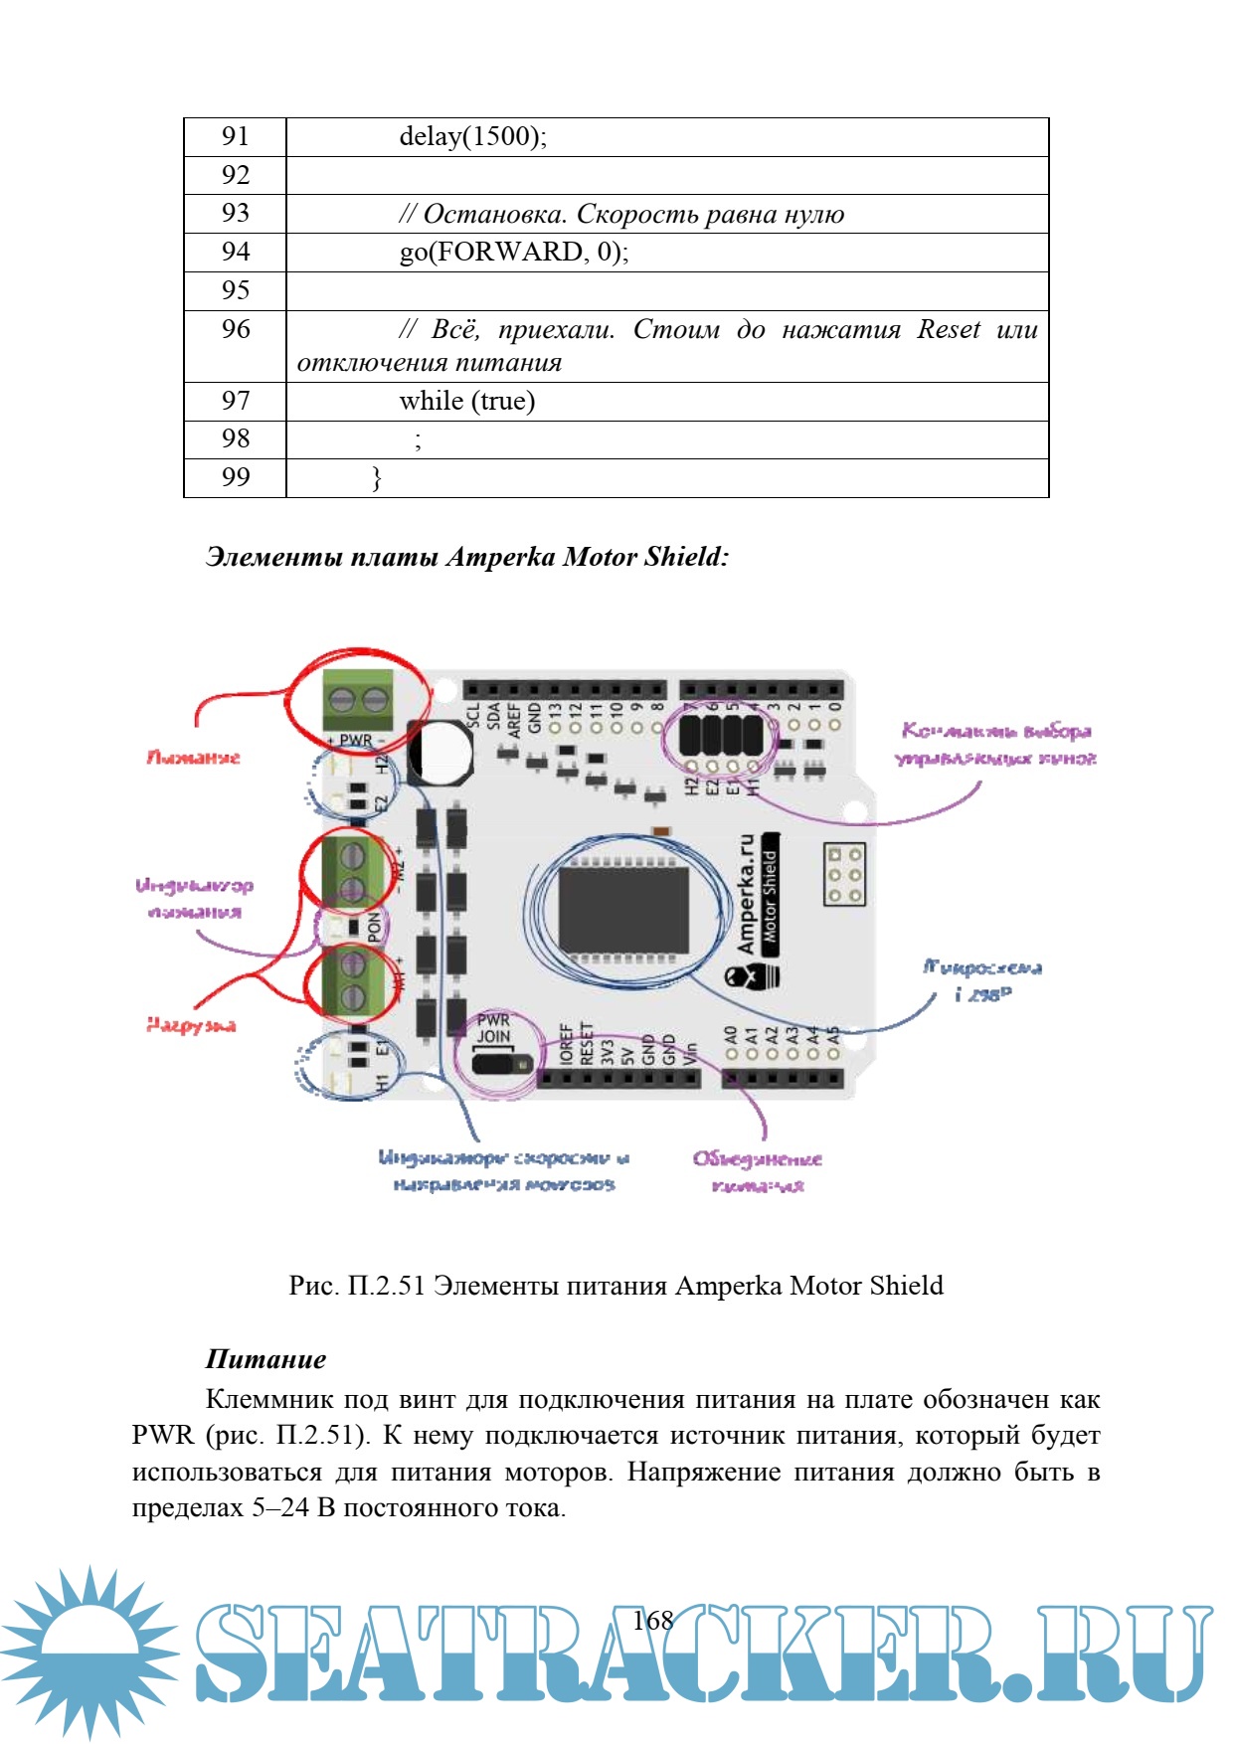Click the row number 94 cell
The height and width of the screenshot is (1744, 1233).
click(x=236, y=252)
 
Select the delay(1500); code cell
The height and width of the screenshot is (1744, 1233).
click(x=472, y=136)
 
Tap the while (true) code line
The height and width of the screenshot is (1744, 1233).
click(x=466, y=401)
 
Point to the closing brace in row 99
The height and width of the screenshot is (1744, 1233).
click(x=376, y=478)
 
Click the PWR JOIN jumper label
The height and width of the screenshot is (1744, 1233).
click(x=493, y=1028)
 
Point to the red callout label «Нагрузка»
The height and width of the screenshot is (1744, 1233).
click(x=191, y=1025)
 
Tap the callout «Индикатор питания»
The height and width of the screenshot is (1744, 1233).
click(x=195, y=898)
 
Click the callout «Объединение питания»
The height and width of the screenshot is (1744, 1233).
click(x=758, y=1171)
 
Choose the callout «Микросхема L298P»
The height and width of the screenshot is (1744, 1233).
click(x=982, y=980)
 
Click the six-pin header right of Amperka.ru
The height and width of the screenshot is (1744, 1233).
click(x=844, y=875)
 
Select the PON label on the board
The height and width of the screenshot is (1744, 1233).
click(x=374, y=927)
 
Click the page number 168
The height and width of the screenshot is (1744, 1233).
click(x=653, y=1621)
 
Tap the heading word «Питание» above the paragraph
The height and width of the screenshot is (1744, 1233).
click(x=265, y=1359)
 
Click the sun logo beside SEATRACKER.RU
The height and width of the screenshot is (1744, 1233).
click(x=89, y=1651)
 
